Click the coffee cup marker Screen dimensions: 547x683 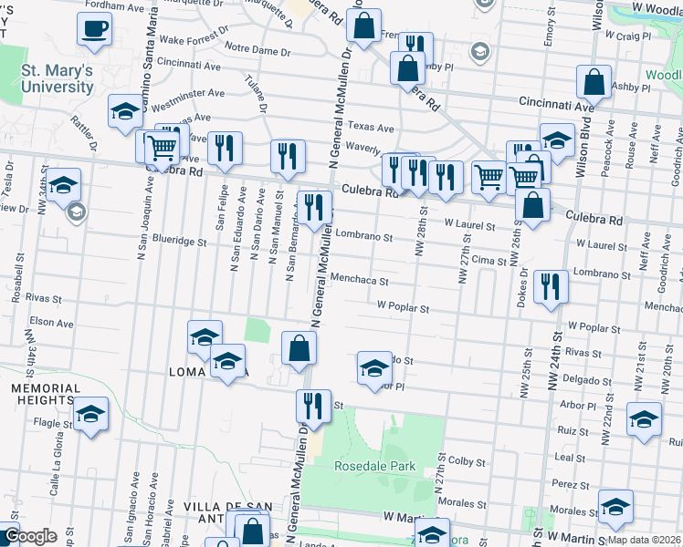[93, 29]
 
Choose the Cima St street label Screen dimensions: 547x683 [489, 261]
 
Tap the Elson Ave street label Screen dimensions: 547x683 [45, 322]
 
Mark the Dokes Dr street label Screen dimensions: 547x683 [522, 288]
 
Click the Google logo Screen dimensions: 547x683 [30, 536]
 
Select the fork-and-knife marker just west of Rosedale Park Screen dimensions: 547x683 [313, 407]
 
